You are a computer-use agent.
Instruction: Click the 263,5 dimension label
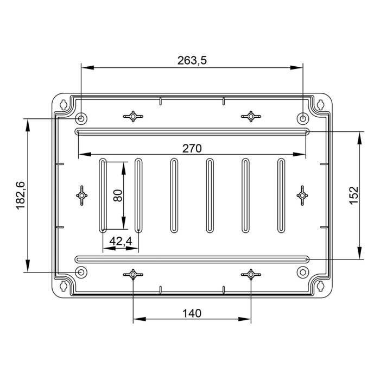192,61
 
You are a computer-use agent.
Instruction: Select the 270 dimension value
192,148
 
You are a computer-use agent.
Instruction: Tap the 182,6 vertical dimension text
21,195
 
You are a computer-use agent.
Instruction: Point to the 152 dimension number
353,195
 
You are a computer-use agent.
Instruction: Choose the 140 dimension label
192,313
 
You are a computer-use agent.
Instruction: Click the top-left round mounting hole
81,118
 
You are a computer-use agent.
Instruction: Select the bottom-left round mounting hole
81,272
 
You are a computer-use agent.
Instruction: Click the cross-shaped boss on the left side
81,195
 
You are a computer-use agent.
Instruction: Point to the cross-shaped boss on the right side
302,195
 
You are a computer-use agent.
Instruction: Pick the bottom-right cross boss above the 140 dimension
251,275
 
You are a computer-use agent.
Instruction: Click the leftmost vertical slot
103,195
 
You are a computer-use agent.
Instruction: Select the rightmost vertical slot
281,195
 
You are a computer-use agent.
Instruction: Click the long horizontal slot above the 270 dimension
192,131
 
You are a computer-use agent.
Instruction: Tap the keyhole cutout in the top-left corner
64,104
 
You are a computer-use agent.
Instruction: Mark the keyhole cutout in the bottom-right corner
320,286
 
